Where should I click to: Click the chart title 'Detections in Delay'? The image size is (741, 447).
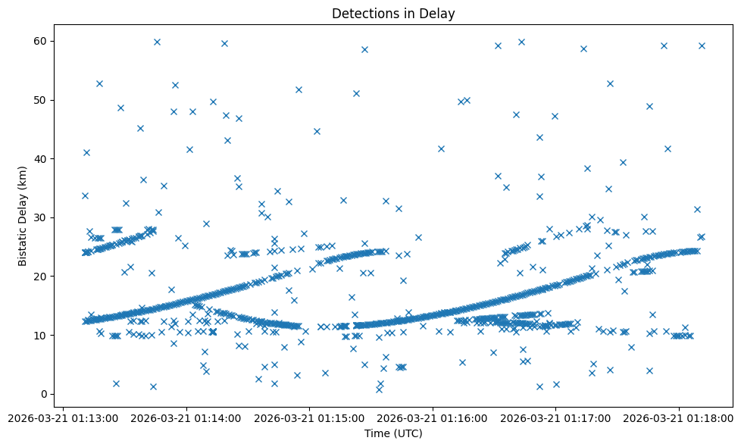pos(393,13)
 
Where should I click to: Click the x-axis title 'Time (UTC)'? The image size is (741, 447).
pos(393,433)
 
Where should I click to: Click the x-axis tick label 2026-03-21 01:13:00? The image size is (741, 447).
pos(64,417)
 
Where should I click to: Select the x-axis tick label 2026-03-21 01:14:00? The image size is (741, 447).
pos(186,417)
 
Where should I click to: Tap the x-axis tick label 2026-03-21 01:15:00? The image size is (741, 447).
pos(310,417)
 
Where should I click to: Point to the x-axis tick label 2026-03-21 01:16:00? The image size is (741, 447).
pos(433,417)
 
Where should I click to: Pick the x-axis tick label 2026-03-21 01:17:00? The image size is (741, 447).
pos(556,417)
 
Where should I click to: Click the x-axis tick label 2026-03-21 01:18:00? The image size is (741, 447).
pos(680,417)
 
